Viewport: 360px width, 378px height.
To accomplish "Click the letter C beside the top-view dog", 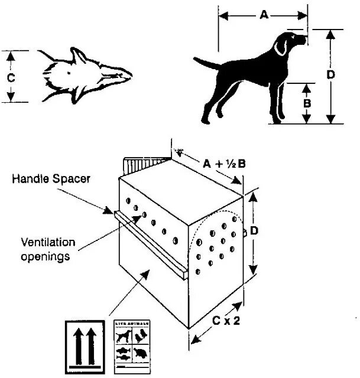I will pos(11,77).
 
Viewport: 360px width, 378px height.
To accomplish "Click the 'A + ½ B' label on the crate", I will pos(224,164).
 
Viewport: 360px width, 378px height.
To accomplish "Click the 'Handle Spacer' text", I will pos(51,178).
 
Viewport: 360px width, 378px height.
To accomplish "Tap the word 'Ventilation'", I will pos(48,242).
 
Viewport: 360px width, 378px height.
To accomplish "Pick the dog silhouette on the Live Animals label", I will pos(124,336).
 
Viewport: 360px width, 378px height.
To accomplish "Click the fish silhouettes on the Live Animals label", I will pos(124,353).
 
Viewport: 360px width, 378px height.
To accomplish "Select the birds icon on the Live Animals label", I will pos(141,335).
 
